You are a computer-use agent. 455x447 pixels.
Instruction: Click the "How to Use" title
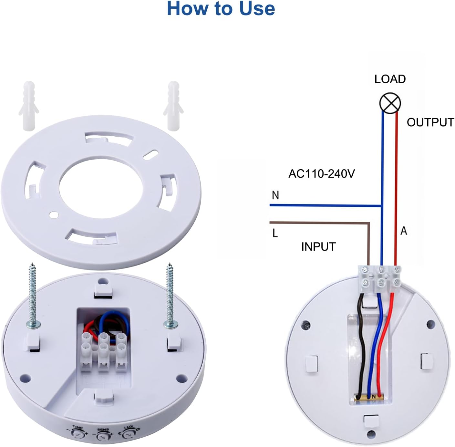tap(221, 9)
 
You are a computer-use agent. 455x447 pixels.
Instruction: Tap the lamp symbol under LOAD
tap(390, 103)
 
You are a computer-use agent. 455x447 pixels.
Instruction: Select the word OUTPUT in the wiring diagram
tap(430, 122)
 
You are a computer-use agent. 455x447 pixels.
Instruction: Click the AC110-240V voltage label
tap(322, 174)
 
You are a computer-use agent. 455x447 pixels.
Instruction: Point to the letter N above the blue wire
tap(275, 195)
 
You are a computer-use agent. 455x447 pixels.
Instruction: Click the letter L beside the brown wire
tap(275, 233)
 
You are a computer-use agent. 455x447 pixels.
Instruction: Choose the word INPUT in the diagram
tap(318, 247)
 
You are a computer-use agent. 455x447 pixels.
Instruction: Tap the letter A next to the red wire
tap(404, 231)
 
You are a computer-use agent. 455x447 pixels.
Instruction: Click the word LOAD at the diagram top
tap(390, 79)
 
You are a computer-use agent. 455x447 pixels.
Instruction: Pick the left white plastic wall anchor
tap(29, 106)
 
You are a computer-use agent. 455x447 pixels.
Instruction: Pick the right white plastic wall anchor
tap(173, 106)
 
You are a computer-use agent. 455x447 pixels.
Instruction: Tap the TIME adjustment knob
tap(77, 440)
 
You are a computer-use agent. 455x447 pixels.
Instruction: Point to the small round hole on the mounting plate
tap(54, 214)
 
